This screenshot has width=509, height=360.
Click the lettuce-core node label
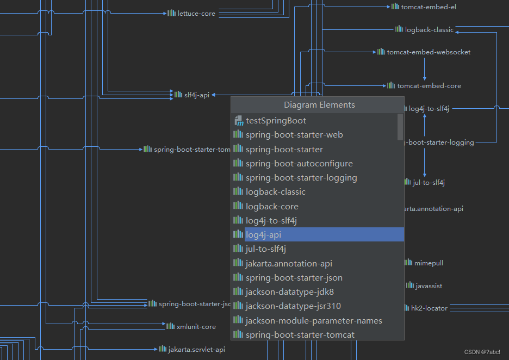tap(191, 13)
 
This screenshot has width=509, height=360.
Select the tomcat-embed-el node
tap(424, 7)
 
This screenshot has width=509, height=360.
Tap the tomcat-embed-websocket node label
tap(424, 52)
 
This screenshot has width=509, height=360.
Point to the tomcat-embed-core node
tap(424, 86)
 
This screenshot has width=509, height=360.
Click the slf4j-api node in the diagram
tap(192, 95)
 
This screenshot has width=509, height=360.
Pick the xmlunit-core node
tap(191, 327)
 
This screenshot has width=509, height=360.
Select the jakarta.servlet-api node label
tap(192, 349)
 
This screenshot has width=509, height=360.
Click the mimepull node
tap(424, 263)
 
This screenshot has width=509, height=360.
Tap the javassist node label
tap(424, 285)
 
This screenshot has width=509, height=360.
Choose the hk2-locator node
tap(426, 308)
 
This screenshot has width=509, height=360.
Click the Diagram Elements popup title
tap(319, 105)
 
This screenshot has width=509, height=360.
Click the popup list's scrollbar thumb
tap(400, 127)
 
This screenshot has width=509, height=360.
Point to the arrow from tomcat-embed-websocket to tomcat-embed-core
tap(425, 69)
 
